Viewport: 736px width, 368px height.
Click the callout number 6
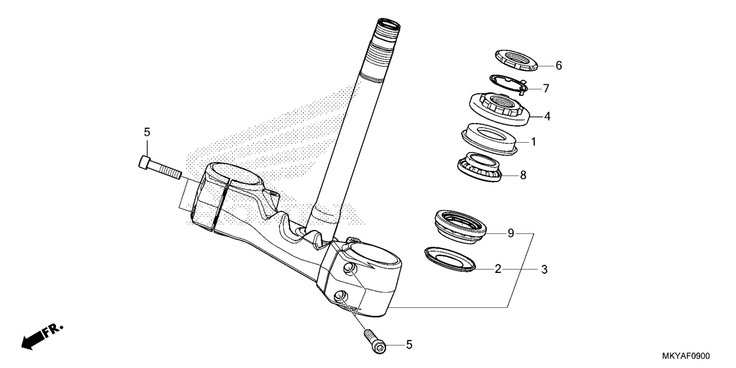click(x=558, y=66)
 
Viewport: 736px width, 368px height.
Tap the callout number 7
click(x=546, y=89)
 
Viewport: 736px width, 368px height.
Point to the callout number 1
click(x=533, y=142)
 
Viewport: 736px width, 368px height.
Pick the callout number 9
click(x=511, y=233)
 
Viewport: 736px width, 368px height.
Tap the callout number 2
click(x=498, y=269)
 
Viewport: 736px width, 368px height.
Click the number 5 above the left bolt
click(x=147, y=132)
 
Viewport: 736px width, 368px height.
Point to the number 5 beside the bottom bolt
click(x=409, y=345)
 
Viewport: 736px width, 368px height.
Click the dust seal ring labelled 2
click(x=450, y=259)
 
